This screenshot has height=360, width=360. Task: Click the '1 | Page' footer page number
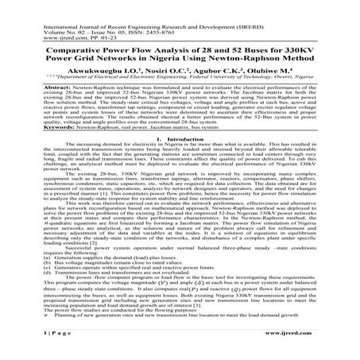click(x=28, y=350)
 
